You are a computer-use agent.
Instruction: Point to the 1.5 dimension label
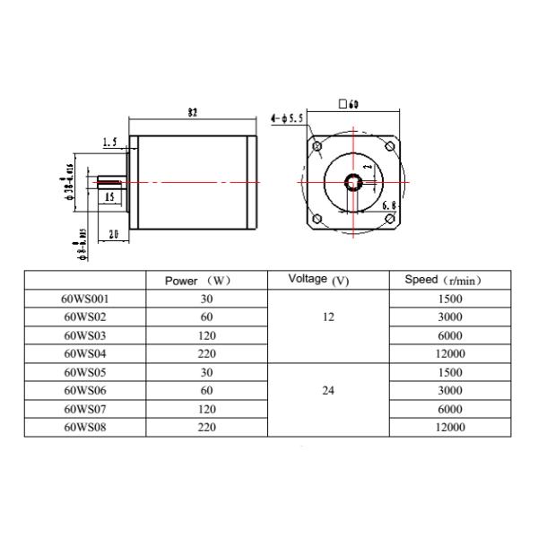click(110, 142)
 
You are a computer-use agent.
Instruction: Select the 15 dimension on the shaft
click(108, 196)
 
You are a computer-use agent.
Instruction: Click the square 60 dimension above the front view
click(349, 104)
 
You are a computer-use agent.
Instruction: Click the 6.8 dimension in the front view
click(389, 206)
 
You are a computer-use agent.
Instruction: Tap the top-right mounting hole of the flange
click(388, 146)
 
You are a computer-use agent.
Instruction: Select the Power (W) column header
click(199, 281)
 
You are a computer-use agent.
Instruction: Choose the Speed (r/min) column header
click(445, 280)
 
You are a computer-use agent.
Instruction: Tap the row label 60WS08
click(86, 428)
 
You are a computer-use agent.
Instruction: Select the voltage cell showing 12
click(327, 317)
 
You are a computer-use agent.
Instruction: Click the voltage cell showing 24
click(327, 391)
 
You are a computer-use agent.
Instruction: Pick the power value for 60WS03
click(206, 335)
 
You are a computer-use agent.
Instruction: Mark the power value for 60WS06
click(206, 391)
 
